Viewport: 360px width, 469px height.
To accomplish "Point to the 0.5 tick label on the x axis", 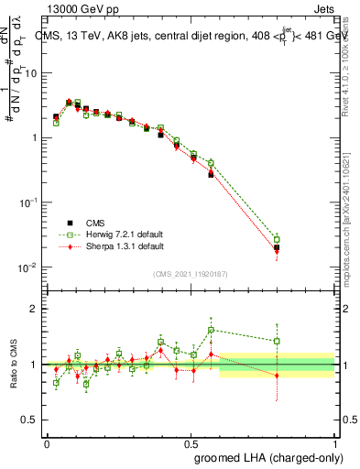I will (191, 442).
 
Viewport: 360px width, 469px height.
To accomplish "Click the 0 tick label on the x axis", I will (47, 442).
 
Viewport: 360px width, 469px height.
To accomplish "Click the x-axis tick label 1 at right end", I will (334, 442).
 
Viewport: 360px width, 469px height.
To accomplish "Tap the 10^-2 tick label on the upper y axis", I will (27, 267).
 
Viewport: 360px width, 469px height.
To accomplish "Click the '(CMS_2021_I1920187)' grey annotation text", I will (191, 273).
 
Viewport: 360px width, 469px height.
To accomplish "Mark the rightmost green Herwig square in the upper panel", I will (277, 239).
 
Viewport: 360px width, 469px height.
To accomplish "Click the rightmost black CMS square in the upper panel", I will (277, 247).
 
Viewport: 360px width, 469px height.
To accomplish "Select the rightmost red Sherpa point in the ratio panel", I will (277, 376).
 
